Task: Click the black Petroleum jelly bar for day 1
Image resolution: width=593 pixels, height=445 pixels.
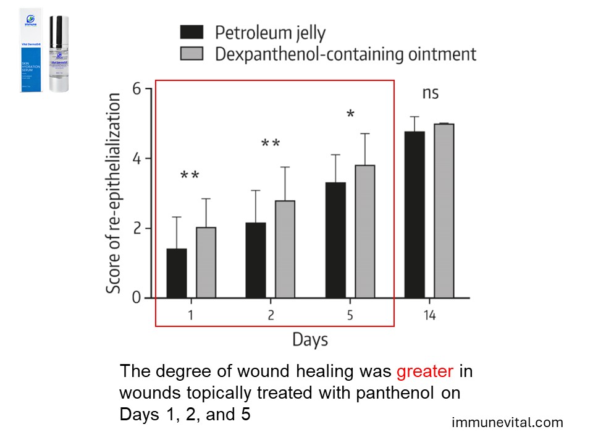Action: [x=177, y=273]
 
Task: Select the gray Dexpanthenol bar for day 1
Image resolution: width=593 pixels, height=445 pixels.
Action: [x=206, y=263]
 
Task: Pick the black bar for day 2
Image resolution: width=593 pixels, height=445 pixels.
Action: [x=256, y=260]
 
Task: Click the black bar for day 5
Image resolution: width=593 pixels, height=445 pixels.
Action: [x=335, y=240]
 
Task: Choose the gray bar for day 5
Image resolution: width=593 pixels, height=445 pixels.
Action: [x=364, y=232]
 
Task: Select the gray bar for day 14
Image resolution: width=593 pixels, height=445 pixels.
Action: [x=444, y=211]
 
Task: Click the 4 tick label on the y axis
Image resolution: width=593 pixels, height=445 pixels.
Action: [x=138, y=159]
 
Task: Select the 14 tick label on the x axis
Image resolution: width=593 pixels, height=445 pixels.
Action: [x=429, y=316]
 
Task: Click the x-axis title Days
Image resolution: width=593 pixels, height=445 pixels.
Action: [x=309, y=339]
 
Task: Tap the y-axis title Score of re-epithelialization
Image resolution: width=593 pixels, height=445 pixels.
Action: [x=113, y=193]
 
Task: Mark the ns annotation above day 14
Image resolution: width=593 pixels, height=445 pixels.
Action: [x=431, y=93]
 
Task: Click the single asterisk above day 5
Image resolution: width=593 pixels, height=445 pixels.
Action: [x=350, y=115]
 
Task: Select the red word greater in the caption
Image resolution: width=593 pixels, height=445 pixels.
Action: [x=425, y=372]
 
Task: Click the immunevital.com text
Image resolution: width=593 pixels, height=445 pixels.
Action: [x=508, y=423]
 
